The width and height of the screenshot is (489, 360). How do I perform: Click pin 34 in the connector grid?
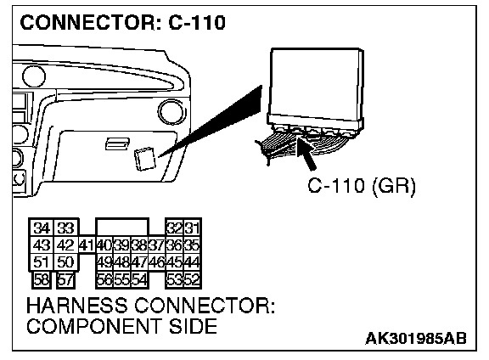(42, 228)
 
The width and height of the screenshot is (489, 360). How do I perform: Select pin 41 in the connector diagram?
(86, 245)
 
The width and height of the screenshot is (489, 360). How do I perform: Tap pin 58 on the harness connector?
(42, 279)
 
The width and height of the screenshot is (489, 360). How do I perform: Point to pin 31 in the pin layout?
(192, 228)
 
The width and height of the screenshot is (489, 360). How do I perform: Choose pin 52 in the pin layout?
(192, 279)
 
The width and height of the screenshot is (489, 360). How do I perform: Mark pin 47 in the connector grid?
(139, 262)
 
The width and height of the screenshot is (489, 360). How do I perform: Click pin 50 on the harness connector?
(65, 262)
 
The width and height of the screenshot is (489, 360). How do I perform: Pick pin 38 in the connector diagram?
(139, 245)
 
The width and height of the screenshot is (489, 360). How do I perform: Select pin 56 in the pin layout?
(104, 279)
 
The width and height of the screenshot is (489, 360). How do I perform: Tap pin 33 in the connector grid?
(65, 228)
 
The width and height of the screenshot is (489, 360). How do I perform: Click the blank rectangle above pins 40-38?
(122, 227)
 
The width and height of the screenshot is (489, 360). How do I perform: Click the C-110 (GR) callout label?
(362, 186)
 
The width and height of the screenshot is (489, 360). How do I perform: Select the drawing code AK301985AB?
(416, 338)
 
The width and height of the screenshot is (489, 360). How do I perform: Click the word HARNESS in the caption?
(77, 306)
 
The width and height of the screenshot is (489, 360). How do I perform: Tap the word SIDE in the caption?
(193, 327)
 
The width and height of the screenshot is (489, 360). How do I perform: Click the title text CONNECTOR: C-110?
(122, 22)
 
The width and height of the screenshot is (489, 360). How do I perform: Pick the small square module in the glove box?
(144, 159)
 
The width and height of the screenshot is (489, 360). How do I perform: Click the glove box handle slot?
(117, 143)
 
